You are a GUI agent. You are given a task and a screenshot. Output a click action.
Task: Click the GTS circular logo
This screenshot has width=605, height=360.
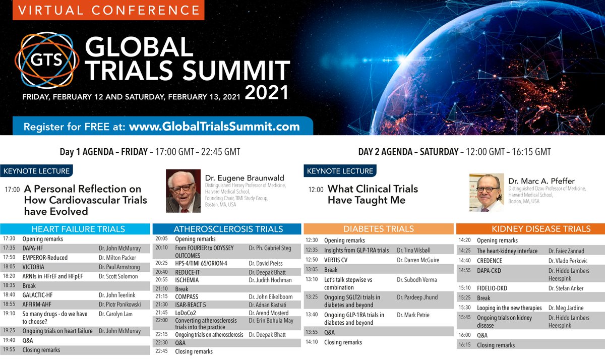[46, 60]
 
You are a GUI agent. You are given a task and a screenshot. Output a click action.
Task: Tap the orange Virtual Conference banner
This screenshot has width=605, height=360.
[102, 10]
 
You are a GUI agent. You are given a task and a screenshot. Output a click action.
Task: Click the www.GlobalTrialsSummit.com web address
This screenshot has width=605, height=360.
[214, 127]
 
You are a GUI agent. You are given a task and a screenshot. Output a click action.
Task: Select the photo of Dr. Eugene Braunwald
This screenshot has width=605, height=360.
[183, 191]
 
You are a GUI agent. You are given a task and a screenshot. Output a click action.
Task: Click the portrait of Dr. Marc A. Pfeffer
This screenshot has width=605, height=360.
[486, 192]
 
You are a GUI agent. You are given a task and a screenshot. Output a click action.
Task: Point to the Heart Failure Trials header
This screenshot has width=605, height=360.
[75, 229]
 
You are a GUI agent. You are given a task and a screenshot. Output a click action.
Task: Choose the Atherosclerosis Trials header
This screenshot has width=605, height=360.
[228, 229]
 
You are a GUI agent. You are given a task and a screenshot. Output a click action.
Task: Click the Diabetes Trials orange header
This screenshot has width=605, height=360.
[379, 229]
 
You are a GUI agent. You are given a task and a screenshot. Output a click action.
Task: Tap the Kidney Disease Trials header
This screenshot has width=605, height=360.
[530, 229]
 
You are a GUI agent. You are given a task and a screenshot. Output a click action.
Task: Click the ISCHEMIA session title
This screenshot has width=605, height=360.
[187, 280]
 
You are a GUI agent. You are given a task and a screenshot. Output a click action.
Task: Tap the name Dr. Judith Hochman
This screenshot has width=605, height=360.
[270, 280]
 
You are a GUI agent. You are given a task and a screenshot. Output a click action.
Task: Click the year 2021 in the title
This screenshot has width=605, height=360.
[267, 93]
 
